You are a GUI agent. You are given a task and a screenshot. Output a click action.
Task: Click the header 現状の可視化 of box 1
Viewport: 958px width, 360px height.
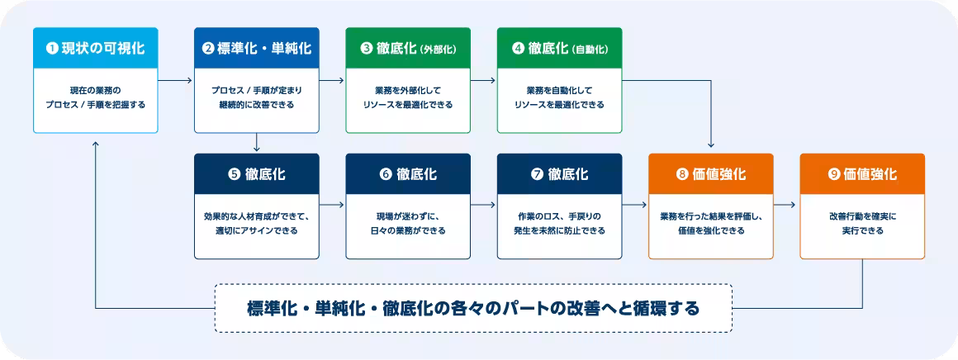95,48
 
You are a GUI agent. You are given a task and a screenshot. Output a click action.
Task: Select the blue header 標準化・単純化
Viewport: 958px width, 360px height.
256,48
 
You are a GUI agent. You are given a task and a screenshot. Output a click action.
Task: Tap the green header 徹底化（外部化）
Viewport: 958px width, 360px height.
408,48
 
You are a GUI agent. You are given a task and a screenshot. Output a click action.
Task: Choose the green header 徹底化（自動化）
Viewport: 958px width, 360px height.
559,48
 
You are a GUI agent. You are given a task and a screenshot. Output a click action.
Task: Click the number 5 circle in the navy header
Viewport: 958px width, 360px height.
233,174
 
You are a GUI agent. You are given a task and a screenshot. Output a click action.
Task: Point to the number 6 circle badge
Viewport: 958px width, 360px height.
385,174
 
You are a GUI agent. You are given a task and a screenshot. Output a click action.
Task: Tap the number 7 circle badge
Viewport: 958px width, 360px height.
537,174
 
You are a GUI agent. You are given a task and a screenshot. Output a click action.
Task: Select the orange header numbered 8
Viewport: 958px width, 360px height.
710,174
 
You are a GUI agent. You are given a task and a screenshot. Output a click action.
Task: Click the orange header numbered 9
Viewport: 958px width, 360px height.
862,174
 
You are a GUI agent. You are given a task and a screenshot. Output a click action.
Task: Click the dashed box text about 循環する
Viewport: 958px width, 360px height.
473,308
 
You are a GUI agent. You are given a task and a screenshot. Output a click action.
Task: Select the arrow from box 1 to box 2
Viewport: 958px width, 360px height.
175,81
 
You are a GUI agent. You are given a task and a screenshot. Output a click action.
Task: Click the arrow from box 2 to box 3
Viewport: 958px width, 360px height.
332,81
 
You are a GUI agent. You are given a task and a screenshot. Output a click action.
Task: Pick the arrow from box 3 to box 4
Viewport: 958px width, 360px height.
483,81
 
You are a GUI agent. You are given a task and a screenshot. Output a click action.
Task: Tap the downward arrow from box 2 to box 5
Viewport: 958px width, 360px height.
257,143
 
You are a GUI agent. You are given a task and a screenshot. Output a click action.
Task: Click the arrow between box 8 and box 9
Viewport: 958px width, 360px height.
786,204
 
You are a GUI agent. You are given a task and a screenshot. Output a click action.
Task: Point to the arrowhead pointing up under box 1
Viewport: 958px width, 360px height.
97,144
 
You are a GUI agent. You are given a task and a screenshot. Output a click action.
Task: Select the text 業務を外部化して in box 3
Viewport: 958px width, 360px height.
408,89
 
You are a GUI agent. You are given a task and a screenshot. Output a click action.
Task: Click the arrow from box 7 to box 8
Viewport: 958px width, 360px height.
635,204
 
